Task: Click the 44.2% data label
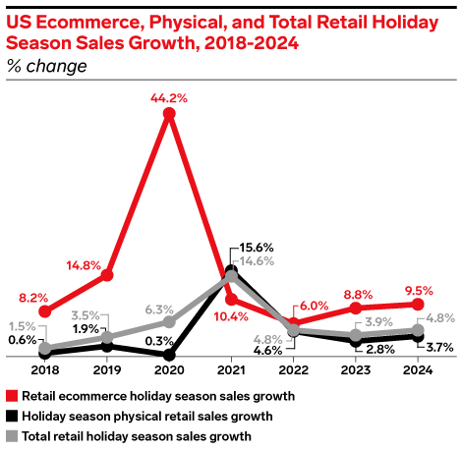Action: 169,98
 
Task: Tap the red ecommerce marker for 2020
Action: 169,115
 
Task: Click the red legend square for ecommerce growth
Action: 12,396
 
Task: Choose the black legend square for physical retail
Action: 12,416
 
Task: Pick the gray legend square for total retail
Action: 12,435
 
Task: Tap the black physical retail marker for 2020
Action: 169,355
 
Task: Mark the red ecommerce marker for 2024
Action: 418,304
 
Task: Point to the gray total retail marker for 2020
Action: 169,321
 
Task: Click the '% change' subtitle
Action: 46,66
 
